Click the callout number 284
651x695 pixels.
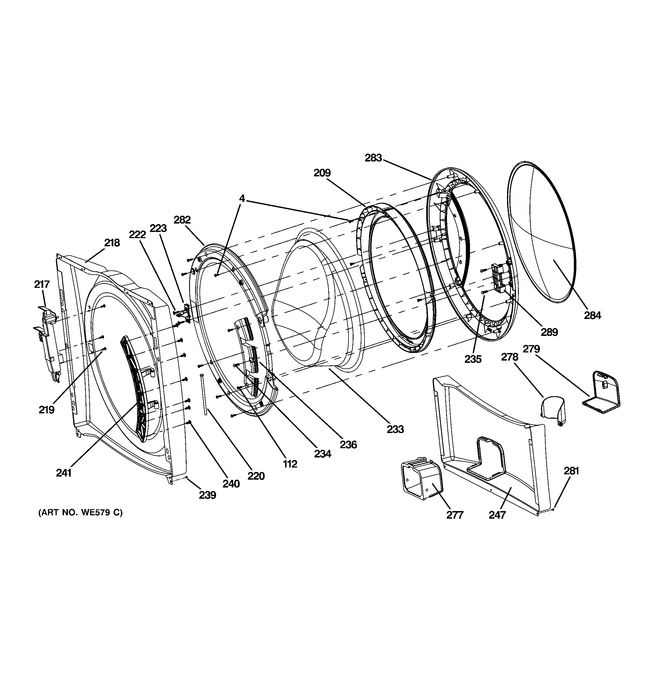(x=593, y=315)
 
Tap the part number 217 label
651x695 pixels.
(x=42, y=284)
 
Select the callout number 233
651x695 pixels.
(x=395, y=429)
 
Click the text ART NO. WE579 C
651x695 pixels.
(x=80, y=512)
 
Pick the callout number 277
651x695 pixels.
(x=455, y=515)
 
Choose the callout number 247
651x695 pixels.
(x=497, y=515)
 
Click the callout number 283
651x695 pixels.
(x=373, y=158)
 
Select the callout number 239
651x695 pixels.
(x=208, y=495)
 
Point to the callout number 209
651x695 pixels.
(x=322, y=173)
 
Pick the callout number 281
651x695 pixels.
(x=571, y=471)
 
